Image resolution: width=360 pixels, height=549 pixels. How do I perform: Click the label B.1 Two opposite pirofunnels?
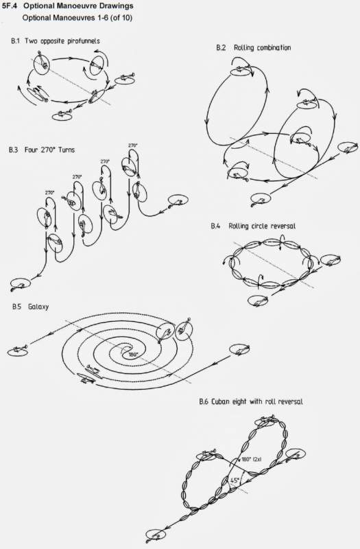tap(56, 41)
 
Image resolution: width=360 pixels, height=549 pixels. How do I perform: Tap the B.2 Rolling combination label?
tap(253, 47)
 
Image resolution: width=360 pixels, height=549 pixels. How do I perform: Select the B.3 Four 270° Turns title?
tap(42, 150)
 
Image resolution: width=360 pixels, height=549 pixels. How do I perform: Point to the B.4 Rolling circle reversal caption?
tap(253, 226)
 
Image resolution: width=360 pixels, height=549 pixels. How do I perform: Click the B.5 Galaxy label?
tap(30, 307)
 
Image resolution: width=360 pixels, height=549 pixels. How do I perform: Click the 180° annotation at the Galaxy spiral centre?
tap(132, 354)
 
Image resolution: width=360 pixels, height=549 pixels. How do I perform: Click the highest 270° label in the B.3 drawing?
tap(132, 145)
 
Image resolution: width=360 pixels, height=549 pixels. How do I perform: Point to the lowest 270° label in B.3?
tap(49, 193)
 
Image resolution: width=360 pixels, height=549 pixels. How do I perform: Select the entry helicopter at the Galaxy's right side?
tap(239, 350)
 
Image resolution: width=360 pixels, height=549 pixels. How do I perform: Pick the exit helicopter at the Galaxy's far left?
tap(18, 351)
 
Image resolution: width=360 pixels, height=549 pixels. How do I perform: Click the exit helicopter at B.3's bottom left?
tap(20, 283)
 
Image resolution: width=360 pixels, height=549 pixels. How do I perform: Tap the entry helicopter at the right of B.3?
tap(178, 201)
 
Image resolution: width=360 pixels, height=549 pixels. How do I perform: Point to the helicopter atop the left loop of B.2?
tap(241, 71)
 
